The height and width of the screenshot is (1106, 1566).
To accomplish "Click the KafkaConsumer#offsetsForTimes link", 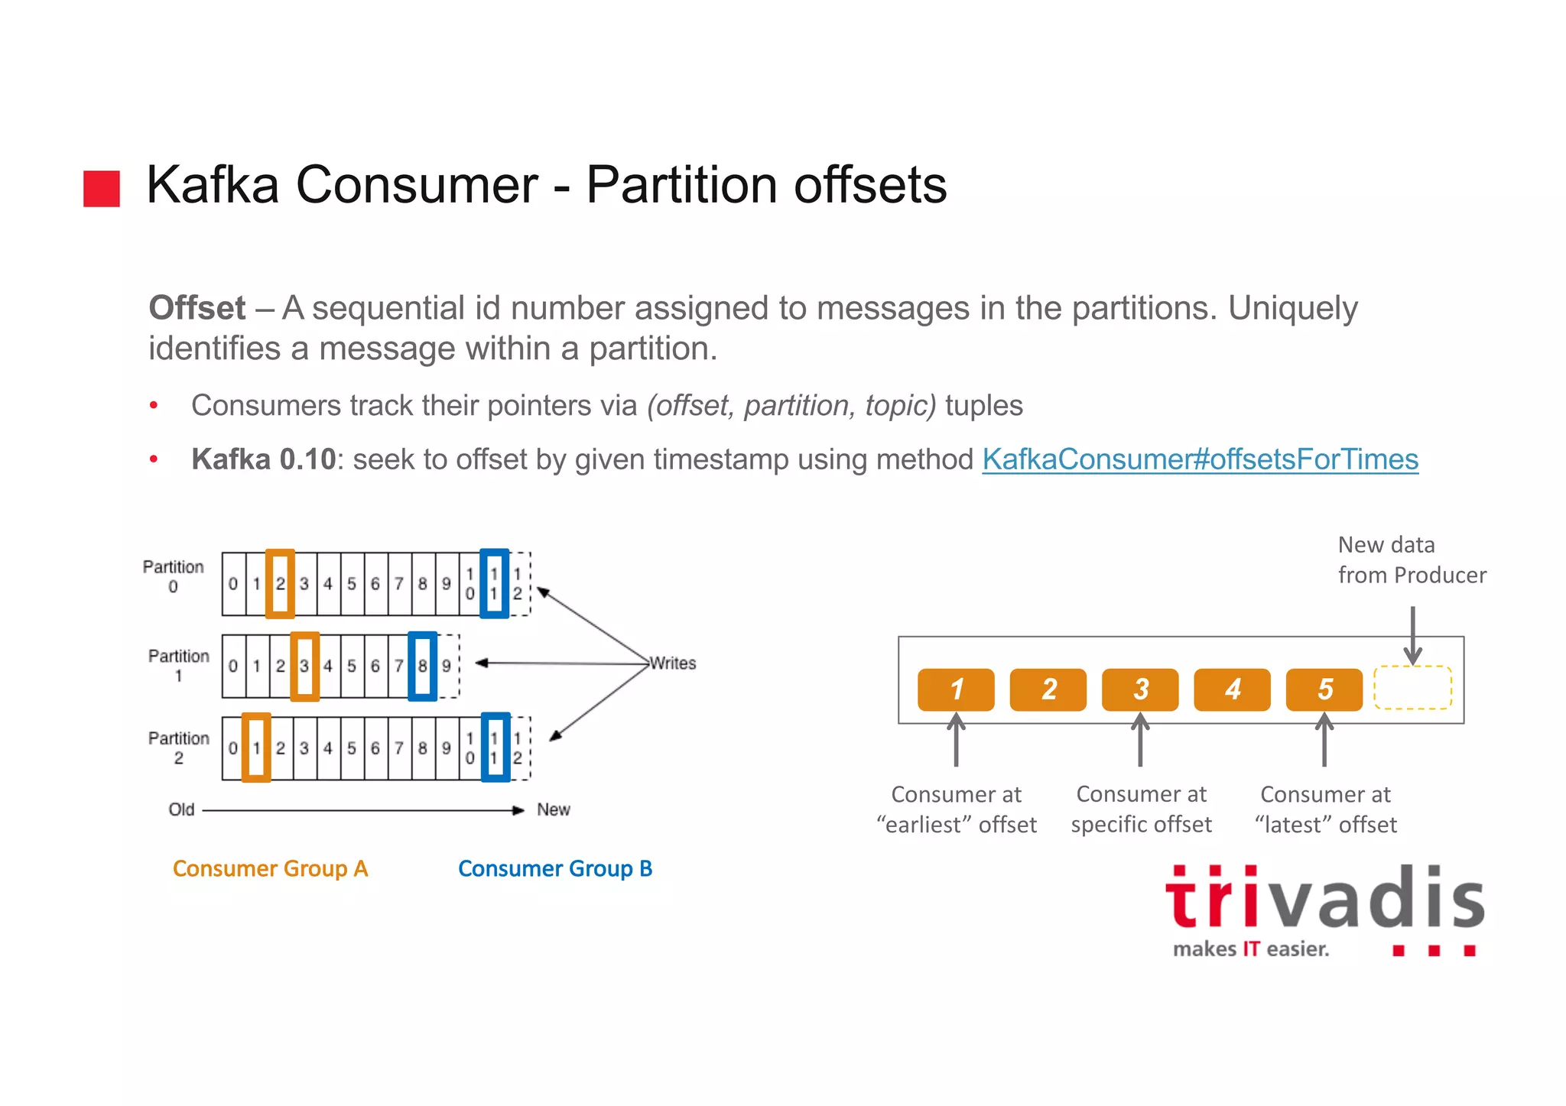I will pos(1199,459).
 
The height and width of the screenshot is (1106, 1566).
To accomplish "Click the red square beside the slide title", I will pos(102,189).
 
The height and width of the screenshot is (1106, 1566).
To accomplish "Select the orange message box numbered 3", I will pos(1139,689).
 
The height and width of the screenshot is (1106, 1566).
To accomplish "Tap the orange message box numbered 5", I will pos(1324,689).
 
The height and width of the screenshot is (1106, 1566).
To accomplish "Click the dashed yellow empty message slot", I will pos(1412,688).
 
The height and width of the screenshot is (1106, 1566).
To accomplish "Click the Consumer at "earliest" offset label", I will pos(956,809).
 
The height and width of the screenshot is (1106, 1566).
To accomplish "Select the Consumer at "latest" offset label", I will pos(1325,809).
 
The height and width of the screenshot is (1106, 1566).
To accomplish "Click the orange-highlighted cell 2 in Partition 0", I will pos(280,584).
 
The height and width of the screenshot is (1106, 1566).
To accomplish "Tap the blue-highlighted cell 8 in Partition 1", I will pos(422,666).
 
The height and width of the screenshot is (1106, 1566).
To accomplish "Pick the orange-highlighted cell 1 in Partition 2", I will pos(256,748).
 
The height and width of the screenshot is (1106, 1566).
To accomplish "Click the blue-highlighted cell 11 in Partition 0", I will pos(494,584).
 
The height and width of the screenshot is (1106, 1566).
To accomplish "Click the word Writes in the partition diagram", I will pos(673,663).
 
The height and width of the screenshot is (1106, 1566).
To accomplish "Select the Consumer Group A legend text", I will pos(270,869).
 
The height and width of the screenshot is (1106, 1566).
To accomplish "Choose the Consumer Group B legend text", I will pos(554,869).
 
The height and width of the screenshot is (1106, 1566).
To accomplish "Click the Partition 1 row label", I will pos(178,666).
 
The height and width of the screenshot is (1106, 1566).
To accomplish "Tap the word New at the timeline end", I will pos(553,809).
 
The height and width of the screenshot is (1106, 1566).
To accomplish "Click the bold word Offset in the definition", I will pos(197,308).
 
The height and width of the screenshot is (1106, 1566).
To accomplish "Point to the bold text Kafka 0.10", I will pos(263,459).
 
